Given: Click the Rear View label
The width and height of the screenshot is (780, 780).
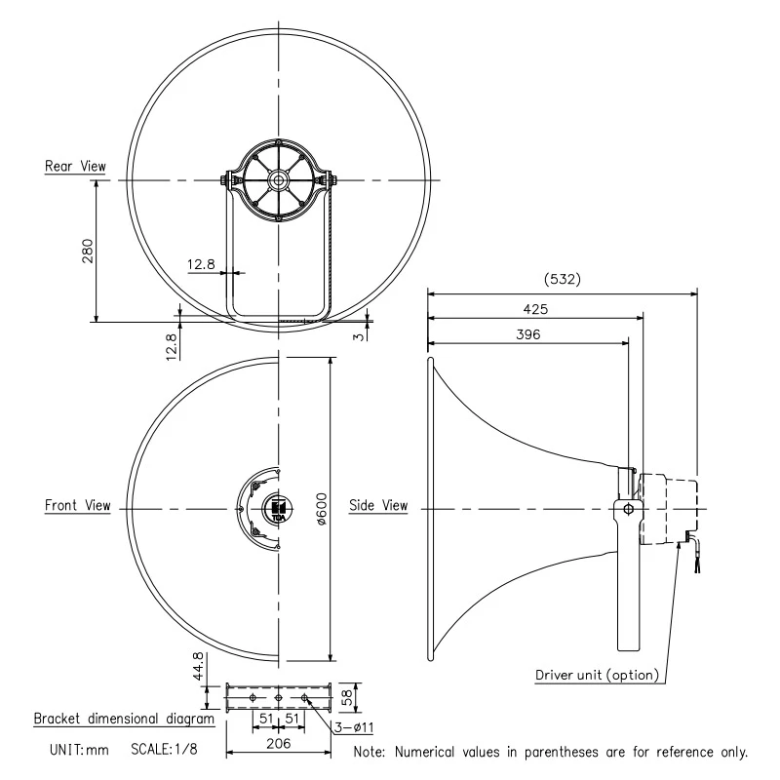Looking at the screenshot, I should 74,167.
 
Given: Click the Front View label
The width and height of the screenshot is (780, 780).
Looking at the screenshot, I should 77,506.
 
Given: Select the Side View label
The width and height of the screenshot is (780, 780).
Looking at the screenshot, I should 378,506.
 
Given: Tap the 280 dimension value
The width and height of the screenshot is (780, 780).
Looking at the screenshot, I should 87,251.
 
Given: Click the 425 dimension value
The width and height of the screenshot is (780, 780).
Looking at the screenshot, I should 535,308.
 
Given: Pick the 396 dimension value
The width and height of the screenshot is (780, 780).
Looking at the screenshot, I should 526,333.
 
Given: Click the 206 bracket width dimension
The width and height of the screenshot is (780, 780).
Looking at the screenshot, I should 278,743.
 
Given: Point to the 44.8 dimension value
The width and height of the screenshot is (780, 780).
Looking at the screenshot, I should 198,668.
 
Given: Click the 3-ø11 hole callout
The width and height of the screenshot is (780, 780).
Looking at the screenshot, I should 355,727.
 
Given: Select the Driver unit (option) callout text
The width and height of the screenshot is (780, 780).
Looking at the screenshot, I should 597,675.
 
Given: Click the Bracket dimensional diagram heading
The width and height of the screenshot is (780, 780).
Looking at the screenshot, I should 124,719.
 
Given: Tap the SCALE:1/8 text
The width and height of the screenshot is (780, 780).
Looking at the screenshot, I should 172,751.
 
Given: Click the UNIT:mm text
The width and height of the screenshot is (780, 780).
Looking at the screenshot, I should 79,751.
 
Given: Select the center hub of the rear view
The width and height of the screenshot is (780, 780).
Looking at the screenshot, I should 279,180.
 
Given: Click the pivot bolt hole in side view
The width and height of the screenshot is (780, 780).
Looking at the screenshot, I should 627,508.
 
